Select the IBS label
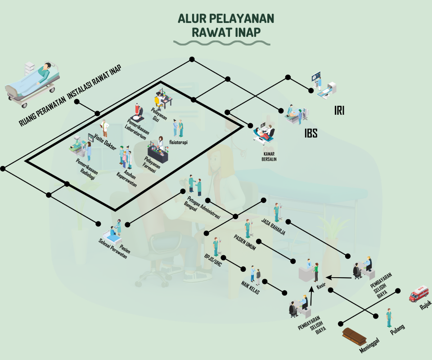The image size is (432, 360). (x=311, y=134)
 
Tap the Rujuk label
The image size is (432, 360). (x=425, y=306)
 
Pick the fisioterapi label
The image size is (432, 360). (x=178, y=142)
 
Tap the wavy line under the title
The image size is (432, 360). (x=222, y=43)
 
